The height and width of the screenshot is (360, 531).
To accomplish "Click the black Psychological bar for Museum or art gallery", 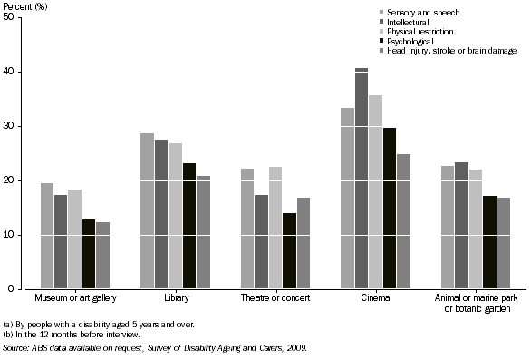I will [88, 254].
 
